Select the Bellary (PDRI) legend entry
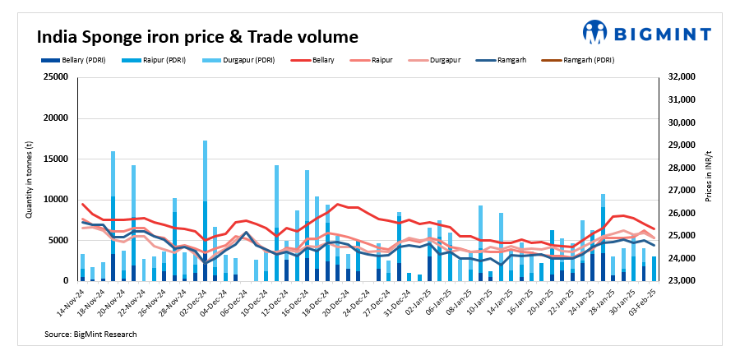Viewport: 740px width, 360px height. click(x=73, y=60)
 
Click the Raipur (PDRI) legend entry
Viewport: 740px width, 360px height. click(x=148, y=60)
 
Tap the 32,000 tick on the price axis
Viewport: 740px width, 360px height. click(x=682, y=77)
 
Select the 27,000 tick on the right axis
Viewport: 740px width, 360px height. click(x=682, y=191)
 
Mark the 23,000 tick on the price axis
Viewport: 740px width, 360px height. click(x=682, y=281)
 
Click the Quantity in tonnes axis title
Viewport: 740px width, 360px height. click(x=28, y=179)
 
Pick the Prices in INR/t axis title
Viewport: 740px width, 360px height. click(x=710, y=179)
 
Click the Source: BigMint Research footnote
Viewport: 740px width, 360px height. click(x=90, y=335)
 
